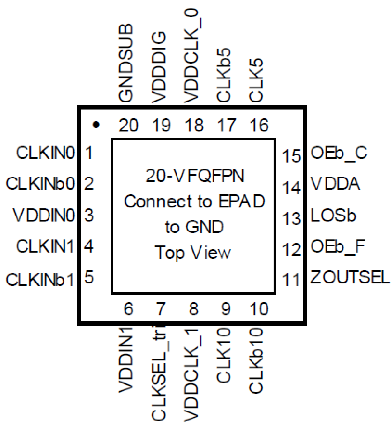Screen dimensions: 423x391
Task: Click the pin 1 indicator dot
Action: (x=96, y=125)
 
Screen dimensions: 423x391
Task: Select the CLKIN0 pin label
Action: (x=45, y=153)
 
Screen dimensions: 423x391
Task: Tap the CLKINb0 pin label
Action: (x=40, y=183)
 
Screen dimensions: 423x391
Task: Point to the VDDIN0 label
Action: (x=44, y=215)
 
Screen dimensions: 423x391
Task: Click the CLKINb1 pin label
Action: (x=40, y=279)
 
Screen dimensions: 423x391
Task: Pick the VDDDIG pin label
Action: (x=159, y=67)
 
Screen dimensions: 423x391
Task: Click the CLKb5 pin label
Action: (x=224, y=75)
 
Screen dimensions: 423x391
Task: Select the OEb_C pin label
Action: (x=339, y=153)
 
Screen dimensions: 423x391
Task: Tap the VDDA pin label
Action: (x=335, y=184)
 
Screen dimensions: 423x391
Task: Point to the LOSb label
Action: (x=333, y=215)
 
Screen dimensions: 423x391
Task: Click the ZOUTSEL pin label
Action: (x=350, y=277)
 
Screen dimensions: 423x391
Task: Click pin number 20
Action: (x=128, y=125)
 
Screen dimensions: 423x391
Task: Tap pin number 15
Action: (x=291, y=156)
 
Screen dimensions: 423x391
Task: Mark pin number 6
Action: (x=128, y=309)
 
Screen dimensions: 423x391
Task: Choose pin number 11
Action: (x=291, y=280)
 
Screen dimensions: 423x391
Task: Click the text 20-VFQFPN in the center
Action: (x=195, y=176)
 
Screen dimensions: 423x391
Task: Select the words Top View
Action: (x=193, y=252)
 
